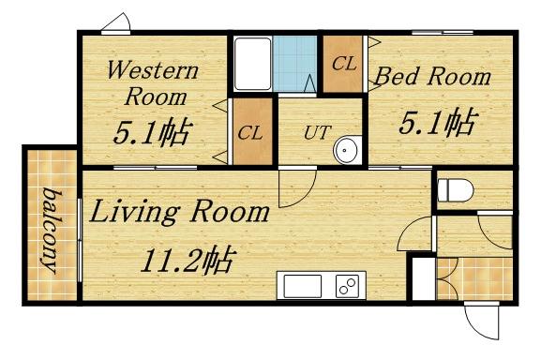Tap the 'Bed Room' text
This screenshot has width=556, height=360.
tap(433, 76)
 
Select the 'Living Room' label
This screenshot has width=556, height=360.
tap(180, 213)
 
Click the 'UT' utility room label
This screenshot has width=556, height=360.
tap(316, 130)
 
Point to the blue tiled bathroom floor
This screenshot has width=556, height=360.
tap(296, 64)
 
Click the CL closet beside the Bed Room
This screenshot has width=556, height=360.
tap(343, 64)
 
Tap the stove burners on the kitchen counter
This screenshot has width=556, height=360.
tap(349, 285)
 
